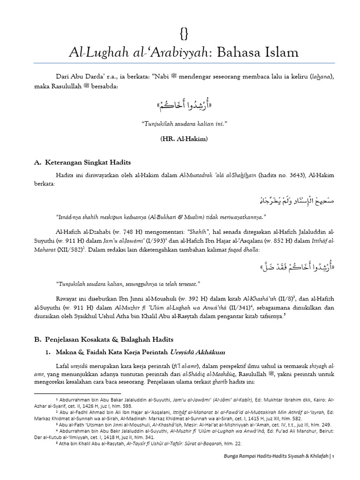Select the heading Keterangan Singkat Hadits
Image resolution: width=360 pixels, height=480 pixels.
point(88,162)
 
